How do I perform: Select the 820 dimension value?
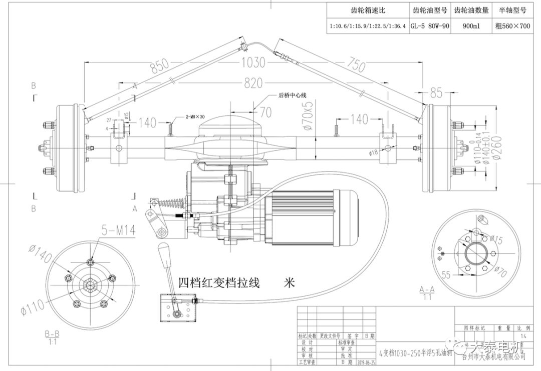[x=254, y=83]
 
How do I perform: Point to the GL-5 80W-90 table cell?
[x=429, y=26]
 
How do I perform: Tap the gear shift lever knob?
[x=164, y=250]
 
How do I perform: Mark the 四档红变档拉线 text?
[x=219, y=283]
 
